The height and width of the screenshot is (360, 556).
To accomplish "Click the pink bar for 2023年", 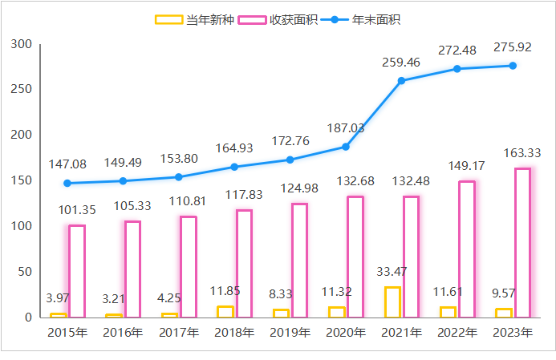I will [x=522, y=242].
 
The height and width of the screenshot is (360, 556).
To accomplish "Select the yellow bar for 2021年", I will [x=392, y=301].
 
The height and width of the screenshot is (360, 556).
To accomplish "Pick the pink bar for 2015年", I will [x=77, y=271].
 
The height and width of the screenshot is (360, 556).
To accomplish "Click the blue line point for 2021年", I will [x=401, y=80].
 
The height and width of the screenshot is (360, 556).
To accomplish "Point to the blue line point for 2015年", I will [x=67, y=183].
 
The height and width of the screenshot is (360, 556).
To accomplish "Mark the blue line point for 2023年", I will [x=513, y=66].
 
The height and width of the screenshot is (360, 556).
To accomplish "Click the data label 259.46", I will [x=401, y=62].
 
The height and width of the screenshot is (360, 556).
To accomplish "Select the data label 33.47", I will [x=392, y=271].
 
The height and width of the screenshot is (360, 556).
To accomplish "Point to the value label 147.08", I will [x=67, y=164].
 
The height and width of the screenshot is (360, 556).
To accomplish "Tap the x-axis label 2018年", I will [x=234, y=332].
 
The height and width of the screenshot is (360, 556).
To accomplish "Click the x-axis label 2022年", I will [x=457, y=332].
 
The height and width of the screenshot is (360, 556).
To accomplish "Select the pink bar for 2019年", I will [x=299, y=260].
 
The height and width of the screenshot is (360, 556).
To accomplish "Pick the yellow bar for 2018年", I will [x=225, y=311].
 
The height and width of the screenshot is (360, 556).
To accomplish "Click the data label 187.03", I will [x=346, y=128].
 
